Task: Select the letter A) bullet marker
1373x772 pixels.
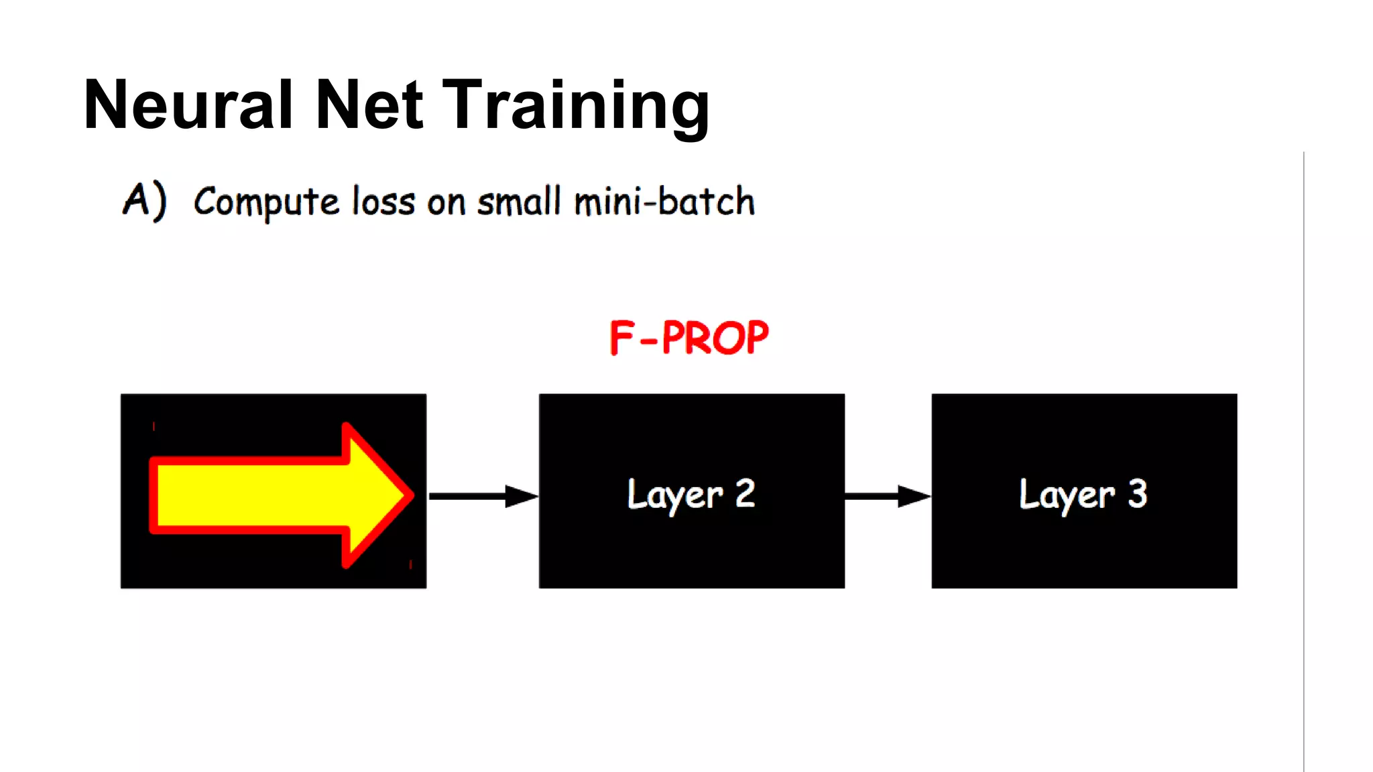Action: click(x=144, y=200)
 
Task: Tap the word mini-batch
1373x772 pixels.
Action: click(x=664, y=201)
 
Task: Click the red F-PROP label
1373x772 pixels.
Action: click(x=689, y=338)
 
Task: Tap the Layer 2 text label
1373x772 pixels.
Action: click(x=691, y=495)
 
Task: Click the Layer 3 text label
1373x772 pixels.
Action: click(x=1083, y=495)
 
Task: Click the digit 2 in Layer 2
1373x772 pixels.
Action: click(x=745, y=493)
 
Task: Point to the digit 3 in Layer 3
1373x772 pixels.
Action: click(x=1137, y=493)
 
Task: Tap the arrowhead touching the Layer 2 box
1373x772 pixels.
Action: click(x=521, y=496)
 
